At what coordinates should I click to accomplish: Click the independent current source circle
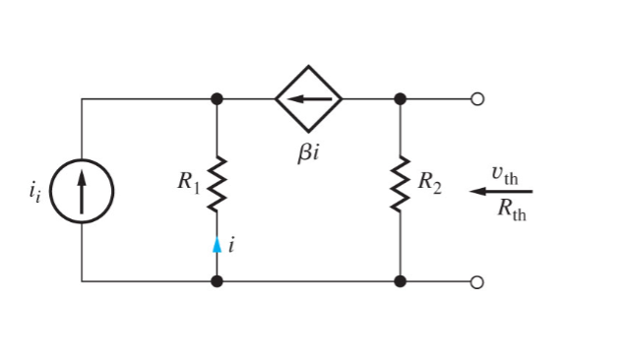coord(83,190)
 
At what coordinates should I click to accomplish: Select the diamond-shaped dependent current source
coord(308,98)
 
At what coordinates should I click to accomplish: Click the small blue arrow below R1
coord(217,246)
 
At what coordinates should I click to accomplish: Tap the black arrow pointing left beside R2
coord(499,191)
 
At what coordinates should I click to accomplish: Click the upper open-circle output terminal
coord(478,98)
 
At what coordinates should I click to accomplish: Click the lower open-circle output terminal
coord(478,281)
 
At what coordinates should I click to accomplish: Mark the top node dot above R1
coord(217,98)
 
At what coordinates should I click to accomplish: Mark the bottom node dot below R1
coord(217,281)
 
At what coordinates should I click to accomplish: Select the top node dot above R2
coord(400,98)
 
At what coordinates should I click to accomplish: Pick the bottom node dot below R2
coord(400,281)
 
